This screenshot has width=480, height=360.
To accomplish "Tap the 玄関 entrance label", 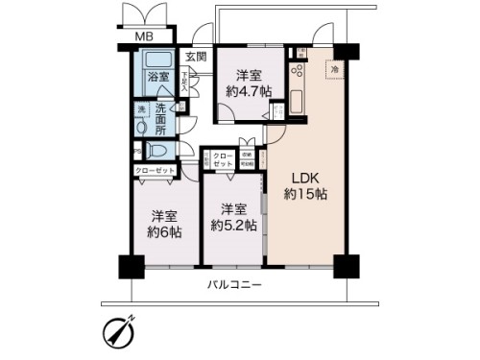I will tap(196, 56).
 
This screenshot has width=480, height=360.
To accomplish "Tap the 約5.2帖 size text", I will tap(233, 226).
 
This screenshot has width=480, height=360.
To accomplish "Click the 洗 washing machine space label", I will tap(140, 108).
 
